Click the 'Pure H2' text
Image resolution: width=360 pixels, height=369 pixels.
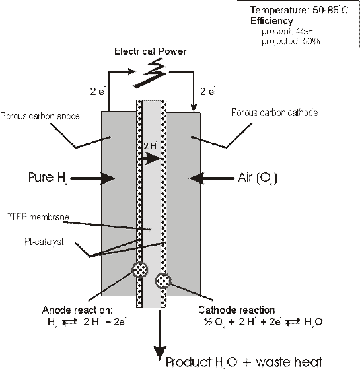pos(48,177)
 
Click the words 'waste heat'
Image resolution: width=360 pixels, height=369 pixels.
pos(289,361)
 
